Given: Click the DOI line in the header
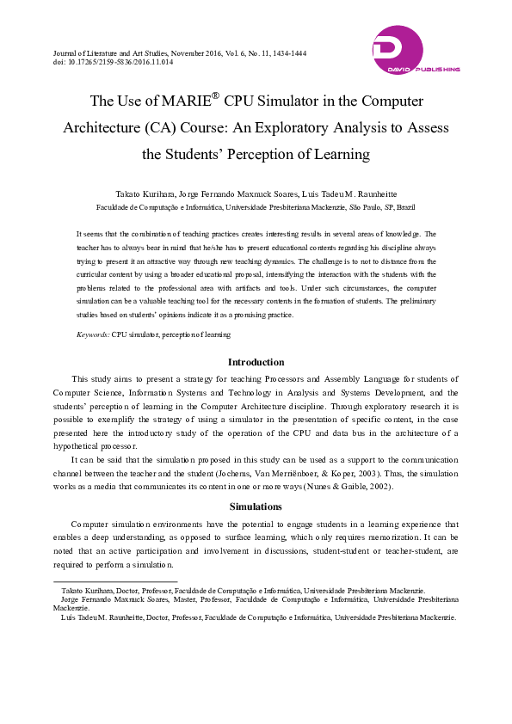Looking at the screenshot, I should coord(113,63).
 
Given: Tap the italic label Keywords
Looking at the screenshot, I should coord(93,334).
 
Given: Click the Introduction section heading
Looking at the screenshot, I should coord(256,362).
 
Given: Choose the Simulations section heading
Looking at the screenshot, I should coord(256,506).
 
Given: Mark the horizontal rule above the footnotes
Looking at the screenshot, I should coord(115,582).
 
